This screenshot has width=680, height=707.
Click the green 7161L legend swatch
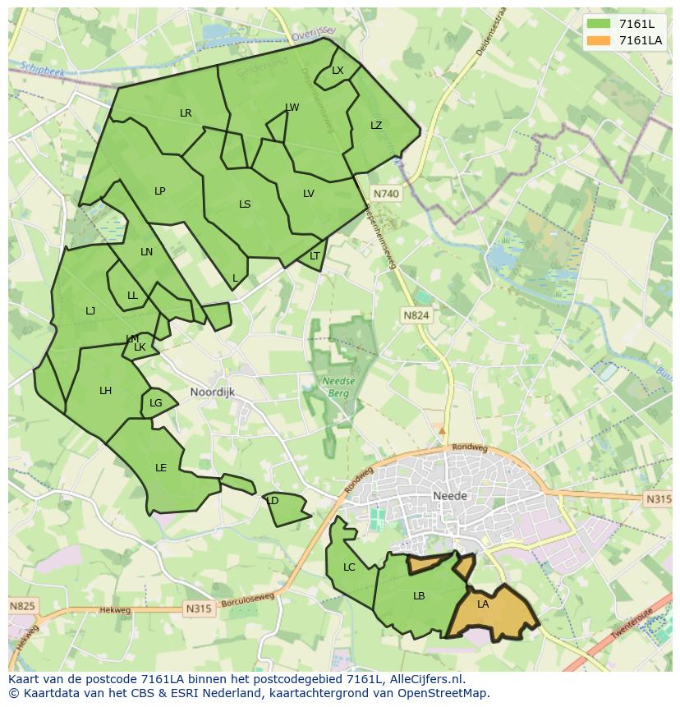coord(599,23)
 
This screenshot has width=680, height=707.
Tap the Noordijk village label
coord(212,393)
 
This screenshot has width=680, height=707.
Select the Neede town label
coord(449,496)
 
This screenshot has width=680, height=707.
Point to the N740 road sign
coord(385,194)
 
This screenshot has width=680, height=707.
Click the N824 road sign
coord(416,315)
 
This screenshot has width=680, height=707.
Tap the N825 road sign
coord(22,607)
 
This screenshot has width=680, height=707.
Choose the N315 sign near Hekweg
coord(199,608)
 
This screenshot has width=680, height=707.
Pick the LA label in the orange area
coord(483,604)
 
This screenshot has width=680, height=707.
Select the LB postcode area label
coord(419,596)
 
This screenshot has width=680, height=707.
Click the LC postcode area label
coord(349,567)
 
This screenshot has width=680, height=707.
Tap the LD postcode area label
coord(273,501)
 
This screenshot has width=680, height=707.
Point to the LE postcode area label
coord(161,468)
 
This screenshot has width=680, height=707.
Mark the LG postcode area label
coord(156,403)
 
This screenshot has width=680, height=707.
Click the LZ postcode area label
coord(376,126)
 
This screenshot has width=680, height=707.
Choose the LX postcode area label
coord(338,71)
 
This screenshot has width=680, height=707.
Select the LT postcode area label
coord(315,256)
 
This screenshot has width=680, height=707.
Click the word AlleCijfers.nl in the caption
coord(425,679)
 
